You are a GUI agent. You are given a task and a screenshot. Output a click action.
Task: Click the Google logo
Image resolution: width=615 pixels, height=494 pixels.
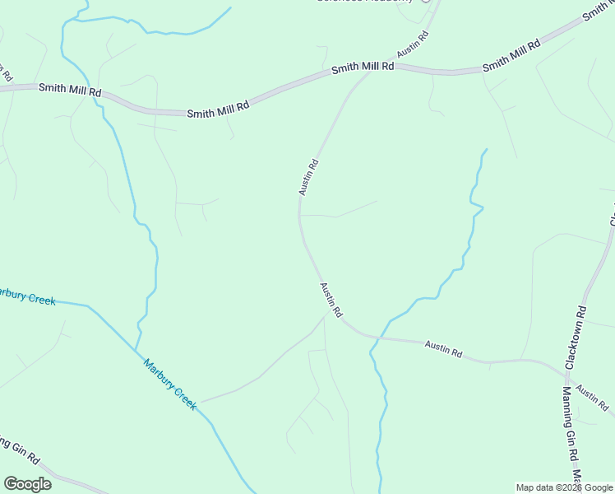(27, 484)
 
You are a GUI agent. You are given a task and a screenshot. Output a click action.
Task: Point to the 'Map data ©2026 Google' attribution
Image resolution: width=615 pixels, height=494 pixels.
(565, 487)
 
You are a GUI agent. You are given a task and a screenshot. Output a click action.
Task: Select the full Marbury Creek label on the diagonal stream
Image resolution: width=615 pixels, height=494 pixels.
(170, 384)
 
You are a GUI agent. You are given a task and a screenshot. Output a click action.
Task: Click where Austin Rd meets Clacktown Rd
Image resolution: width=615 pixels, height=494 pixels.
(564, 369)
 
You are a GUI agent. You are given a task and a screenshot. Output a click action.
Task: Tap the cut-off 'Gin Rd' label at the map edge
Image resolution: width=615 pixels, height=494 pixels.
(19, 450)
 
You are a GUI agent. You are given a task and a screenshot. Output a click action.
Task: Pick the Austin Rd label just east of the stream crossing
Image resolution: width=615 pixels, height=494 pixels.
(443, 349)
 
